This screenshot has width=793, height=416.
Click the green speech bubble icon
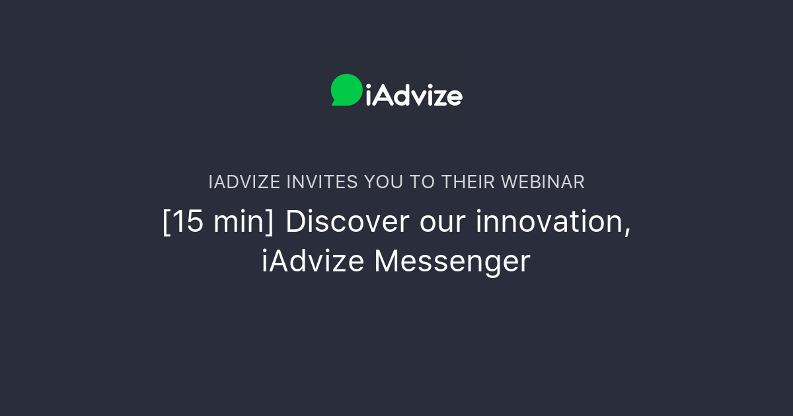[346, 89]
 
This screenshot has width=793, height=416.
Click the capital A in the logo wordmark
[383, 95]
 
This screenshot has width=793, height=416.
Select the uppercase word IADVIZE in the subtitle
[245, 182]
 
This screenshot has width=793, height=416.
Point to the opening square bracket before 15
[166, 223]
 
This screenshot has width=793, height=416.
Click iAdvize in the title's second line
[313, 261]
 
